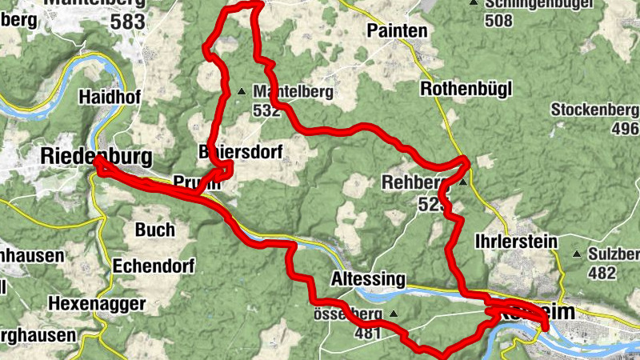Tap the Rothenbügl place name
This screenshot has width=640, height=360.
point(466,89)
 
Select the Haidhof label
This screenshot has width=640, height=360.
point(110,96)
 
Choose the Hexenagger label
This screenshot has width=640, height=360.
point(97,303)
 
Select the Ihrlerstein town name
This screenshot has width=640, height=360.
point(515,241)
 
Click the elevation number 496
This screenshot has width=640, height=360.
point(624,129)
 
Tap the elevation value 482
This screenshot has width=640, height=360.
point(601,273)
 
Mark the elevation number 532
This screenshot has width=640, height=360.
point(266,110)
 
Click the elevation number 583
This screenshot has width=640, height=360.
point(128,22)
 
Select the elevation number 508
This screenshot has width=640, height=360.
point(498,20)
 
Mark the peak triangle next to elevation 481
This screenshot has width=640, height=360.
point(394,314)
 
